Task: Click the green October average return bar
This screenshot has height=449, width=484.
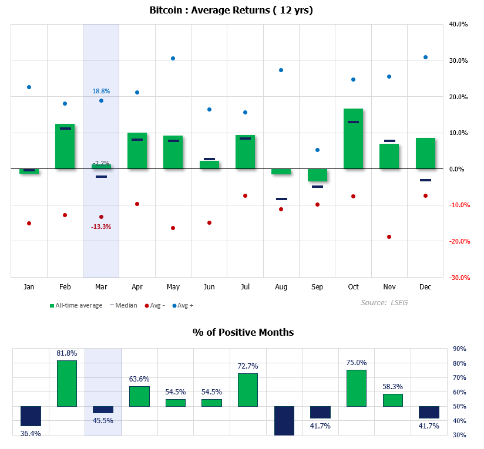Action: click(x=353, y=139)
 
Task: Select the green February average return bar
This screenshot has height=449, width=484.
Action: click(x=65, y=146)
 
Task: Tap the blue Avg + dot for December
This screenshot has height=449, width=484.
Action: click(x=425, y=57)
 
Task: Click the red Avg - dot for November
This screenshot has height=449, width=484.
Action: click(x=389, y=237)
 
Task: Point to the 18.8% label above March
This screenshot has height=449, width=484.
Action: click(x=101, y=91)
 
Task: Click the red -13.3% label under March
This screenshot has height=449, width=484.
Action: click(x=101, y=227)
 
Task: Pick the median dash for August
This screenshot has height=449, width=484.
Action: click(x=281, y=199)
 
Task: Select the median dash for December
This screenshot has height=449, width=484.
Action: click(x=425, y=180)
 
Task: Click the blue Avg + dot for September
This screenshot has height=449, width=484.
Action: click(x=317, y=150)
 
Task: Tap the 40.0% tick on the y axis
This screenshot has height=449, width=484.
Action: click(x=458, y=25)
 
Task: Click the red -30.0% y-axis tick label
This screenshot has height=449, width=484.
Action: click(x=458, y=278)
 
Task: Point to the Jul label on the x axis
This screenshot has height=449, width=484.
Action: click(x=245, y=287)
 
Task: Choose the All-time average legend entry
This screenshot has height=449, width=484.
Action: click(x=76, y=305)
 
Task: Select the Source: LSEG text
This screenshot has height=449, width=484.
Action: click(x=385, y=302)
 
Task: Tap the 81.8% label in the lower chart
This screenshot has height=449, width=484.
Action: click(x=67, y=353)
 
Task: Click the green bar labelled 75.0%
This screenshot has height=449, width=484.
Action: click(x=357, y=388)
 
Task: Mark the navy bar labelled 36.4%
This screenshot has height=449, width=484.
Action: click(x=31, y=416)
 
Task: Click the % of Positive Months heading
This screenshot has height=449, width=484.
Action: click(x=243, y=332)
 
